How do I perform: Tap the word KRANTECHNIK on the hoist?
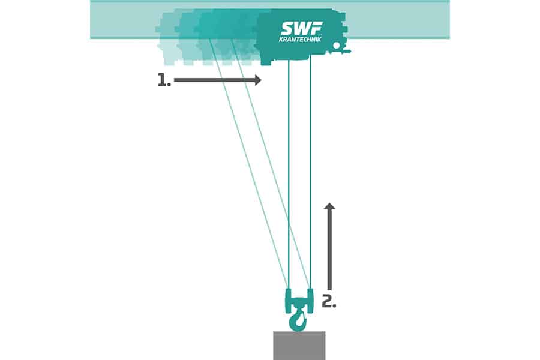(301, 40)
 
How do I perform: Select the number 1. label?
(164, 80)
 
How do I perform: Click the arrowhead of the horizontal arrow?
(257, 80)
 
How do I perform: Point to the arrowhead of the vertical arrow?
(329, 207)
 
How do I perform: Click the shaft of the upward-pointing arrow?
(329, 252)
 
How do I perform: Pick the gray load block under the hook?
(299, 345)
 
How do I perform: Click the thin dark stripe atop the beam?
(270, 1)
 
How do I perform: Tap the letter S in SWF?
(286, 28)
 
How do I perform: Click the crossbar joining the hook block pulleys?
(299, 296)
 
